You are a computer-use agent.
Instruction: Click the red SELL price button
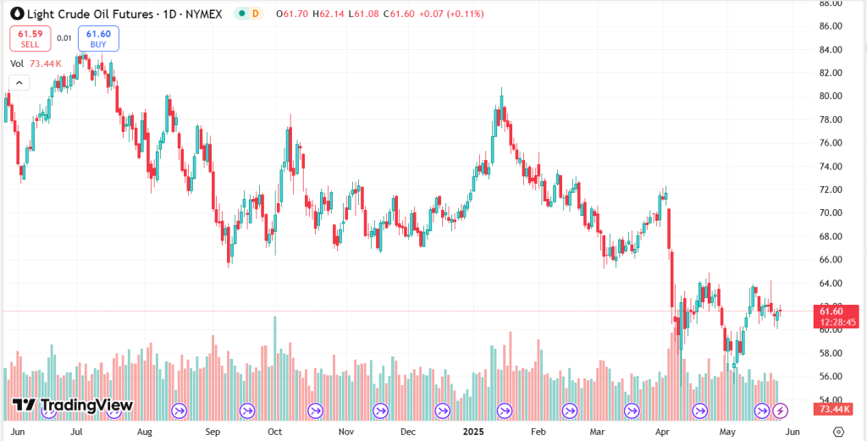pos(30,38)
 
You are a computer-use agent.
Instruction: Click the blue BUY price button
pos(98,38)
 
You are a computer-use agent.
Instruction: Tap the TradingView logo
pos(73,405)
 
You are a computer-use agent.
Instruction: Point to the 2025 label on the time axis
pos(473,431)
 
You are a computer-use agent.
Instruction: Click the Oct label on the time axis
pos(274,431)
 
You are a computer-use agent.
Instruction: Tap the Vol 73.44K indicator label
pos(36,63)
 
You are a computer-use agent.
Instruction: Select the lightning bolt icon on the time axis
pos(781,411)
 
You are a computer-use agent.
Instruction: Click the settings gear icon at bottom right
pos(838,431)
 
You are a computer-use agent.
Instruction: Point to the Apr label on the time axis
pos(662,431)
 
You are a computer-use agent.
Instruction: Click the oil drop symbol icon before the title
pos(13,14)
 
